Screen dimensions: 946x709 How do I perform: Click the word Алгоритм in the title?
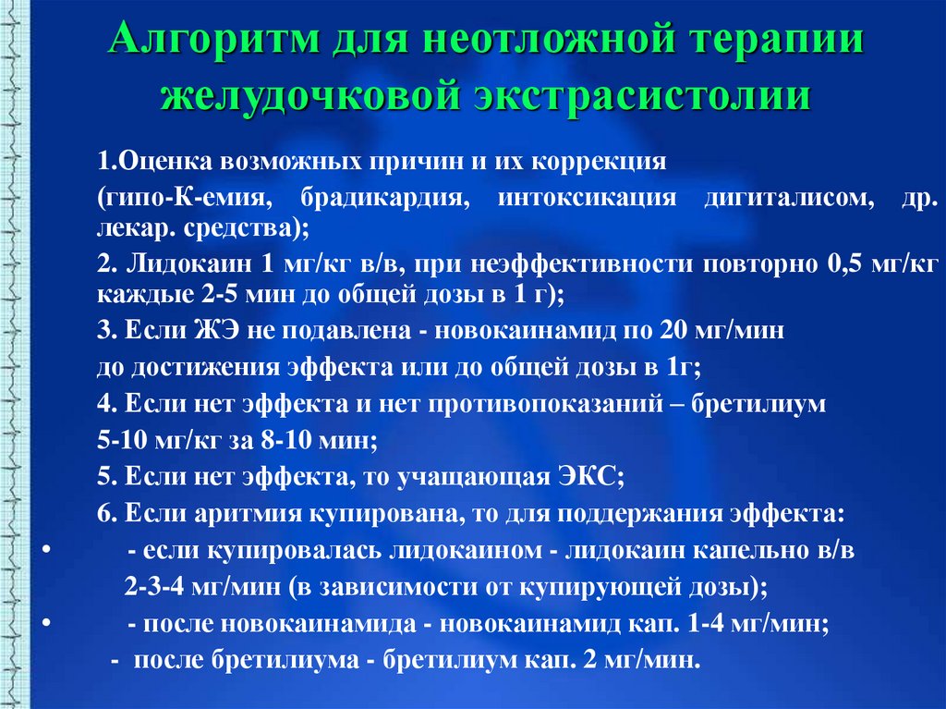tap(214, 40)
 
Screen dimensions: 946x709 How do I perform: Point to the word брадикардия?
tap(385, 198)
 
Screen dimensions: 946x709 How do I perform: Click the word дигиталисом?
tap(789, 198)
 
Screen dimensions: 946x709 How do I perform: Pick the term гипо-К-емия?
tap(184, 198)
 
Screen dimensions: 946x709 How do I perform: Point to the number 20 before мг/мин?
tap(673, 330)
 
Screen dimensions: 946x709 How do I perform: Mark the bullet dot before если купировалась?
tap(46, 550)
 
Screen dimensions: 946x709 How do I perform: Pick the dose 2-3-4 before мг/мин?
tap(154, 586)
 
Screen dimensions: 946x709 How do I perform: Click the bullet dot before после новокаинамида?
tap(46, 623)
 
